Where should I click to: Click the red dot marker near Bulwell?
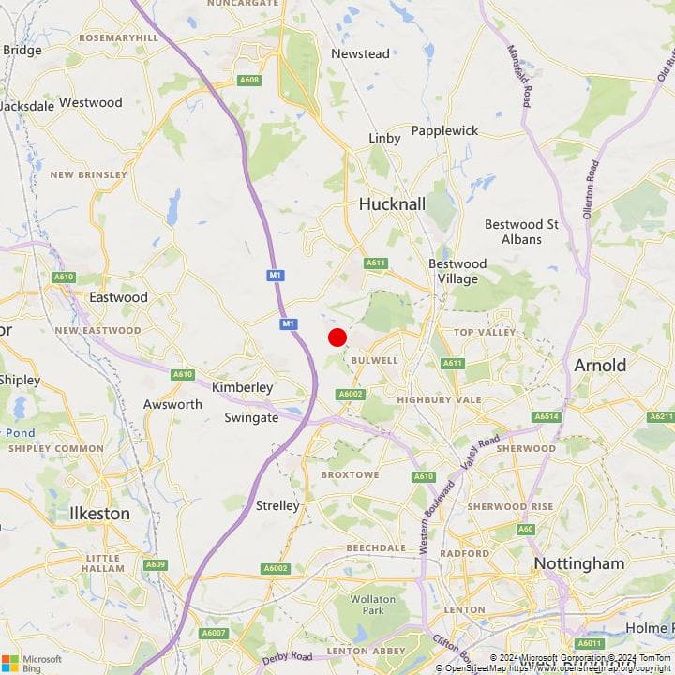337,337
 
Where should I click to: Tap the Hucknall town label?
393,203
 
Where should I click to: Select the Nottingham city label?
578,563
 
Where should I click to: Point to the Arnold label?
600,365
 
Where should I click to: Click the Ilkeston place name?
99,514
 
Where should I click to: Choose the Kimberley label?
242,387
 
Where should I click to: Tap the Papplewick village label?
444,131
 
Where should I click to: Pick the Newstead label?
360,53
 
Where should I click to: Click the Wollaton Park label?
367,605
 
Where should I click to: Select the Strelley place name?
277,505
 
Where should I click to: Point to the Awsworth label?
172,404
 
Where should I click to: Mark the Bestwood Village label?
457,271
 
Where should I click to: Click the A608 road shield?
248,80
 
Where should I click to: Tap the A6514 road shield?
546,416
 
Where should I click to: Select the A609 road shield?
156,564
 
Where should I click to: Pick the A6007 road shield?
215,635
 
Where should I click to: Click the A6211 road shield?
662,416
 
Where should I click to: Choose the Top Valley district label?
485,332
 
